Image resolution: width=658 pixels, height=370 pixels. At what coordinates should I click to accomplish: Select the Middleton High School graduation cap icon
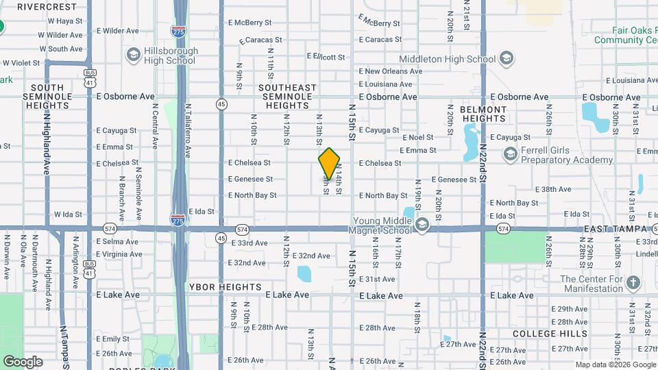(x=507, y=59)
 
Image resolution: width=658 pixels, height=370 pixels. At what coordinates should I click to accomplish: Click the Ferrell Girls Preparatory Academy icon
(x=510, y=155)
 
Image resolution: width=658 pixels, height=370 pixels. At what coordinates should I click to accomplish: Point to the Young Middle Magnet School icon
(x=422, y=225)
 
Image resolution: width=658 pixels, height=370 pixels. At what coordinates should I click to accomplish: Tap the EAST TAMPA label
(x=616, y=228)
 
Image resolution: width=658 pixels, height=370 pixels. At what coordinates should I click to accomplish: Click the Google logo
(x=23, y=361)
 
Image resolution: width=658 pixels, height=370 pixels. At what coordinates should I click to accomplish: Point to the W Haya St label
(x=65, y=21)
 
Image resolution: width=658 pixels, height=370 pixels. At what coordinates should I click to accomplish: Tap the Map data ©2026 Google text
(x=615, y=365)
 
